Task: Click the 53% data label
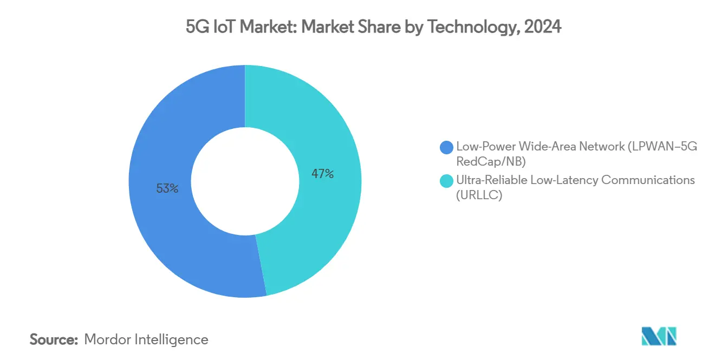tap(167, 188)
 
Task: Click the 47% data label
tap(322, 174)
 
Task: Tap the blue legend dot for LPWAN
tap(447, 147)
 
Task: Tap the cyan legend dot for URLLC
tap(447, 180)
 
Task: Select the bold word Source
tap(54, 339)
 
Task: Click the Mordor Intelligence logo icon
tap(659, 337)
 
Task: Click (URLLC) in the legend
tap(479, 195)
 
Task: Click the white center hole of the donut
tap(245, 181)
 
